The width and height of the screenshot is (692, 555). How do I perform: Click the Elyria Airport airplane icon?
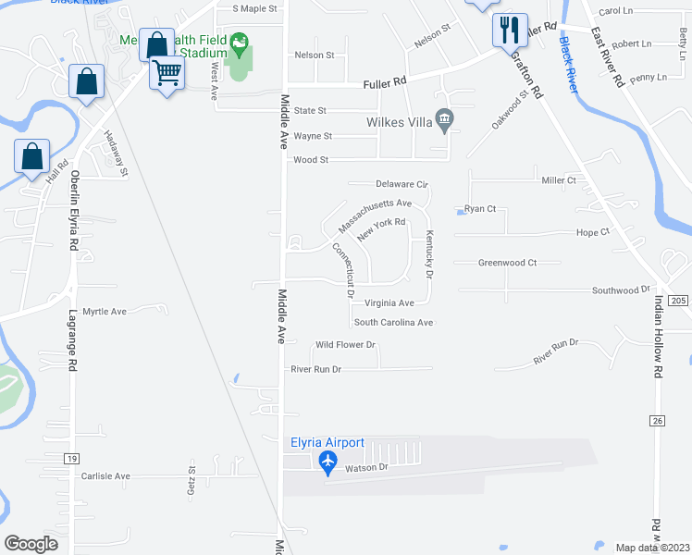tap(327, 461)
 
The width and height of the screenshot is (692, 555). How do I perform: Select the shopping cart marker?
tap(167, 71)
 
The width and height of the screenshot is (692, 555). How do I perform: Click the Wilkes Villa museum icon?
tap(446, 119)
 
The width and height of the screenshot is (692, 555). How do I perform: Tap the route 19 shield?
tap(71, 458)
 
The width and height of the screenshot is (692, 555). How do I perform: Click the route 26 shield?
tap(658, 421)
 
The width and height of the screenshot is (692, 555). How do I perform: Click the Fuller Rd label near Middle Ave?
tap(387, 82)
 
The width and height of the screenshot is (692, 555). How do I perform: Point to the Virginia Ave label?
tap(389, 302)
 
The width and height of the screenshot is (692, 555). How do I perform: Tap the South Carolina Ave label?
tap(393, 323)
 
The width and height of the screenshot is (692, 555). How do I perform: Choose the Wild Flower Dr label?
tap(345, 345)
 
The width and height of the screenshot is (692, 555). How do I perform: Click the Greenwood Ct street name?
tap(507, 263)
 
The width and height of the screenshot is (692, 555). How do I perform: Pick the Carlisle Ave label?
tap(105, 476)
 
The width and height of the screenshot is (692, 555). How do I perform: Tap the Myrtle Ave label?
tap(105, 312)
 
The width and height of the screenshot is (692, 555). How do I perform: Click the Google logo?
tap(31, 544)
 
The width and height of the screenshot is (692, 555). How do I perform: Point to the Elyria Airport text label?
tap(327, 443)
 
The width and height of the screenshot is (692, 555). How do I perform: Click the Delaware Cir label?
tap(402, 184)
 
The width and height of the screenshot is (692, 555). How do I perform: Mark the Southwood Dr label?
tap(622, 290)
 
